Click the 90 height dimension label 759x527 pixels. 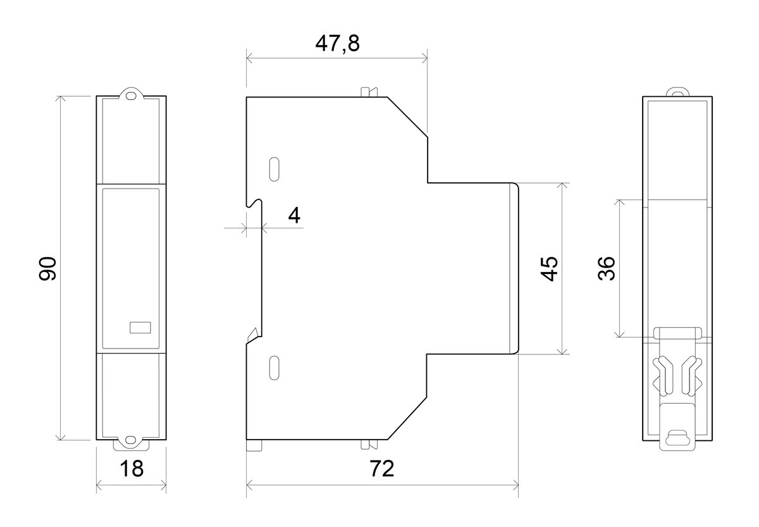coord(47,269)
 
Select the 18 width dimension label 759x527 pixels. coord(132,469)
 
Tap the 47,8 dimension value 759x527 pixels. coord(337,44)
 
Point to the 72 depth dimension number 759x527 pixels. coord(382,469)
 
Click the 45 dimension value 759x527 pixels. coord(548,269)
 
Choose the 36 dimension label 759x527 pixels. coord(606,268)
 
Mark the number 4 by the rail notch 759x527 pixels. coord(294,215)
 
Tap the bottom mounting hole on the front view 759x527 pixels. coord(130,440)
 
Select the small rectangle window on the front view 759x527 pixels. coord(140,327)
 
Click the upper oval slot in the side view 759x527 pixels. coord(274,169)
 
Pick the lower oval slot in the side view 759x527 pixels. coord(274,368)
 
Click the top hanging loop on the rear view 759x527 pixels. coord(677,92)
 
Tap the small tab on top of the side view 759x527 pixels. coord(369,92)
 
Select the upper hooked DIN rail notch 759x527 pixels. coord(255,202)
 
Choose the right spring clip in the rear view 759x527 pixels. coord(691,376)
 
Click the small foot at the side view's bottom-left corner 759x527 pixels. coord(254,445)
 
